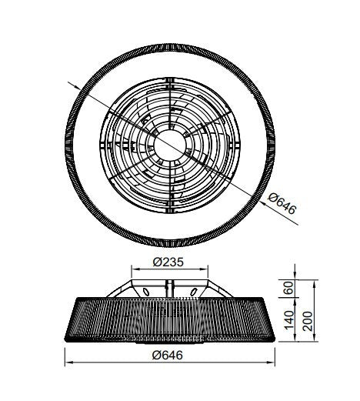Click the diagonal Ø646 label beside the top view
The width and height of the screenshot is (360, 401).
click(282, 203)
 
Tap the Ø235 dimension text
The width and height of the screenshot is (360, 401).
click(168, 262)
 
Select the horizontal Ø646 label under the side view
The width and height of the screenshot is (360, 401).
click(168, 355)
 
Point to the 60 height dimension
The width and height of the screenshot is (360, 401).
click(288, 288)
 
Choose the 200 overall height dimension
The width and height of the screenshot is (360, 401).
click(308, 321)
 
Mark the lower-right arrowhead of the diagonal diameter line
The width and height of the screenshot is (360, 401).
click(263, 202)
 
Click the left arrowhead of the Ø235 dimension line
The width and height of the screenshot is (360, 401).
click(135, 269)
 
